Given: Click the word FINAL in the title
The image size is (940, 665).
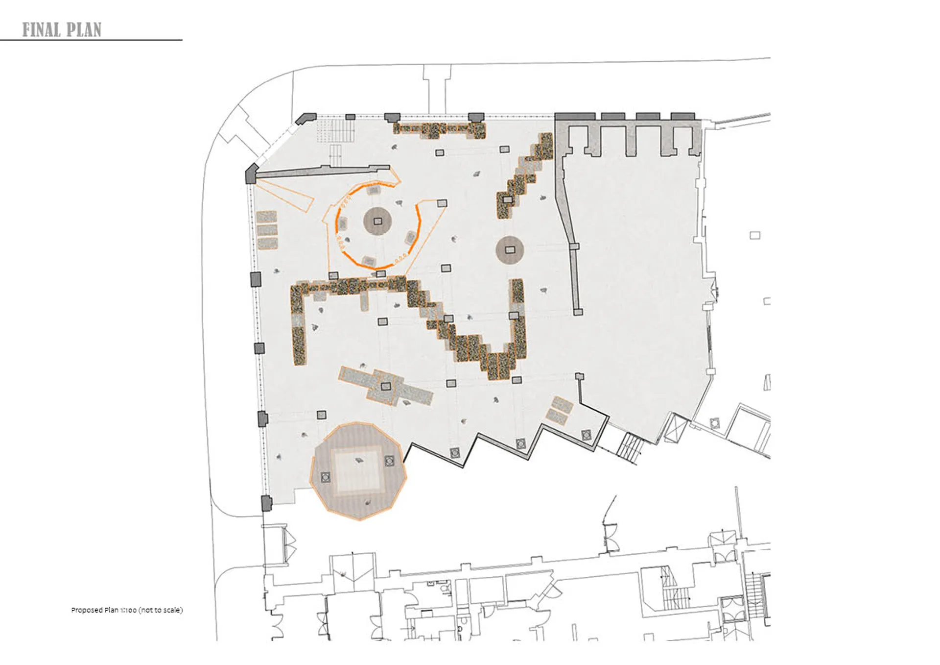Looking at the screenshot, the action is coord(42,30).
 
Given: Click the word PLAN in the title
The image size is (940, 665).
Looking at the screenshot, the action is coord(84,30).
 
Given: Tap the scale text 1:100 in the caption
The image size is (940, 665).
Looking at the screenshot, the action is coord(128,610).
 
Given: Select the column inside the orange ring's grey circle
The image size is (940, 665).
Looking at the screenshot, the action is coord(377,222).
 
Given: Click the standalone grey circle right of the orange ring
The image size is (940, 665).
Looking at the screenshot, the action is coord(510,250).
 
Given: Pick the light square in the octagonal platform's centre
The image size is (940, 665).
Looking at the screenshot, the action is coord(357,470).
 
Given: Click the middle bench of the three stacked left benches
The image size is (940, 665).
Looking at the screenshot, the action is coord(267,230).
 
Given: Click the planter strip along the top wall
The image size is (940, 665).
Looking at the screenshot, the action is coord(440,130).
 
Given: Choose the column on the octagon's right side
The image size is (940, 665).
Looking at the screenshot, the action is coord(389,461).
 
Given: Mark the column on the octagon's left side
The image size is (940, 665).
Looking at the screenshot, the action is coord(326,477).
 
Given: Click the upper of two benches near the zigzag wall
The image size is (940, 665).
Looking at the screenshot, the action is coord(563,404).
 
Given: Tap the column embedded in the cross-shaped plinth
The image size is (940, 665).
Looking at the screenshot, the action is coord(386,386).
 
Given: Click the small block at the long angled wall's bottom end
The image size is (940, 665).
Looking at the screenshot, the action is coord(578,312).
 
